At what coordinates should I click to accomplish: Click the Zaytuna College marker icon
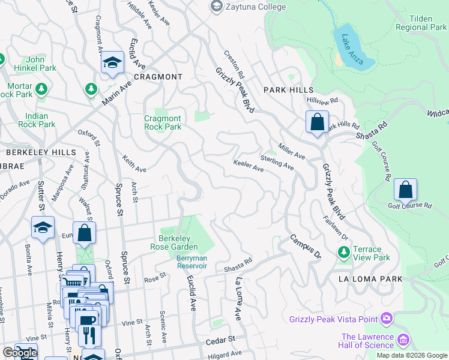point(215,6)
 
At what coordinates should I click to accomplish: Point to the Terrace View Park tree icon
point(344,253)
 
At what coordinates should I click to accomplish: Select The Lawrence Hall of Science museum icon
point(403,341)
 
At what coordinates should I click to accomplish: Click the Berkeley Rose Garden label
point(178,242)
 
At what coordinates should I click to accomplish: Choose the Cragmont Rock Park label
point(163,122)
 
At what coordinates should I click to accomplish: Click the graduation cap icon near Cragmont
point(112,63)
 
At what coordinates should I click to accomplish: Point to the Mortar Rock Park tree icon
point(41,90)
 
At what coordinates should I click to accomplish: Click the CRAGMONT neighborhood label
point(158,77)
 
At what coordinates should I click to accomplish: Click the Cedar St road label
point(220,340)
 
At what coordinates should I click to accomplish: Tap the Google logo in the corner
point(19,353)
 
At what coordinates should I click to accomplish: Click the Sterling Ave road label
point(277,162)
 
